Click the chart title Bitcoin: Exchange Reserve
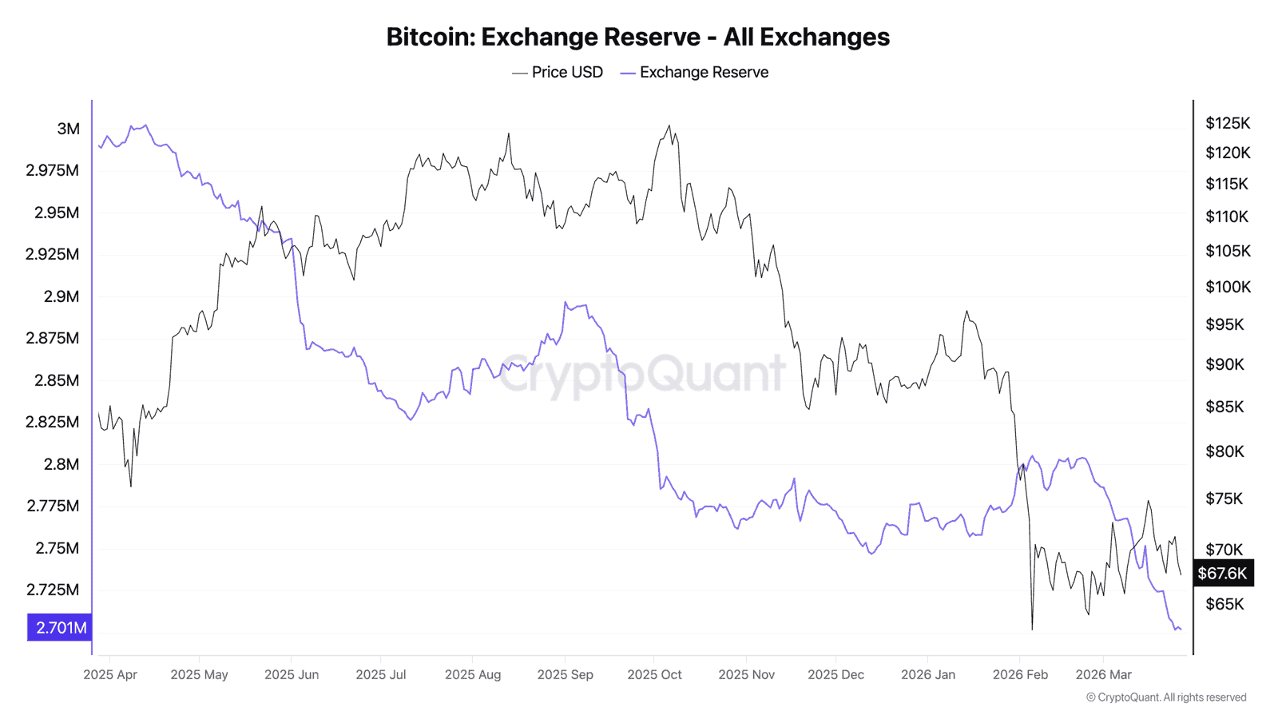pyautogui.click(x=637, y=37)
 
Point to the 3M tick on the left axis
pyautogui.click(x=68, y=129)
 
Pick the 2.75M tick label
pyautogui.click(x=57, y=548)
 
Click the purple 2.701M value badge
pyautogui.click(x=60, y=627)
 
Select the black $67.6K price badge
pyautogui.click(x=1222, y=573)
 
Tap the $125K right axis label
pyautogui.click(x=1228, y=123)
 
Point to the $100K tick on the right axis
pyautogui.click(x=1228, y=287)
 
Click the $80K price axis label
pyautogui.click(x=1224, y=451)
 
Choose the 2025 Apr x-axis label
pyautogui.click(x=110, y=674)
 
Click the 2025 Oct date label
pyautogui.click(x=654, y=674)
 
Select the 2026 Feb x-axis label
pyautogui.click(x=1020, y=674)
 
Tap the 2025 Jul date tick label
pyautogui.click(x=380, y=674)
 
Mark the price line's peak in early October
pyautogui.click(x=669, y=125)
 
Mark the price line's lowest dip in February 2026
pyautogui.click(x=1032, y=629)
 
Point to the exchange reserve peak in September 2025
pyautogui.click(x=566, y=302)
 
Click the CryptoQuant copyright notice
pyautogui.click(x=1165, y=697)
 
